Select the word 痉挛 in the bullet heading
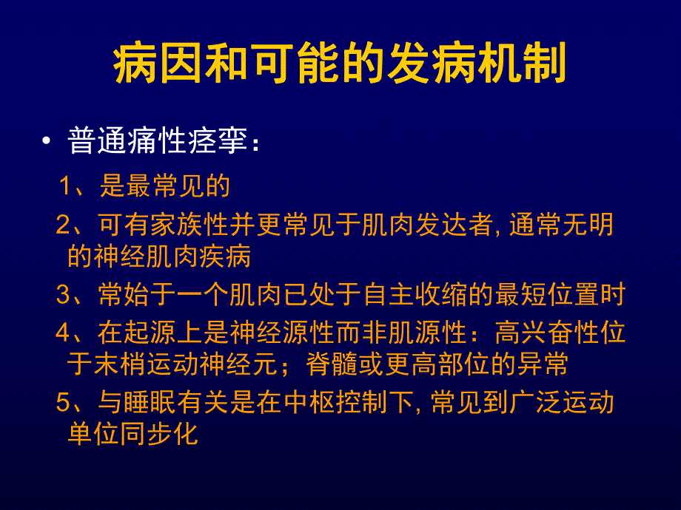tap(221, 141)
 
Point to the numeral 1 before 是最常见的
tap(67, 186)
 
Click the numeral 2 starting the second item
tap(62, 225)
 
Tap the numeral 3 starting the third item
tap(62, 295)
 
